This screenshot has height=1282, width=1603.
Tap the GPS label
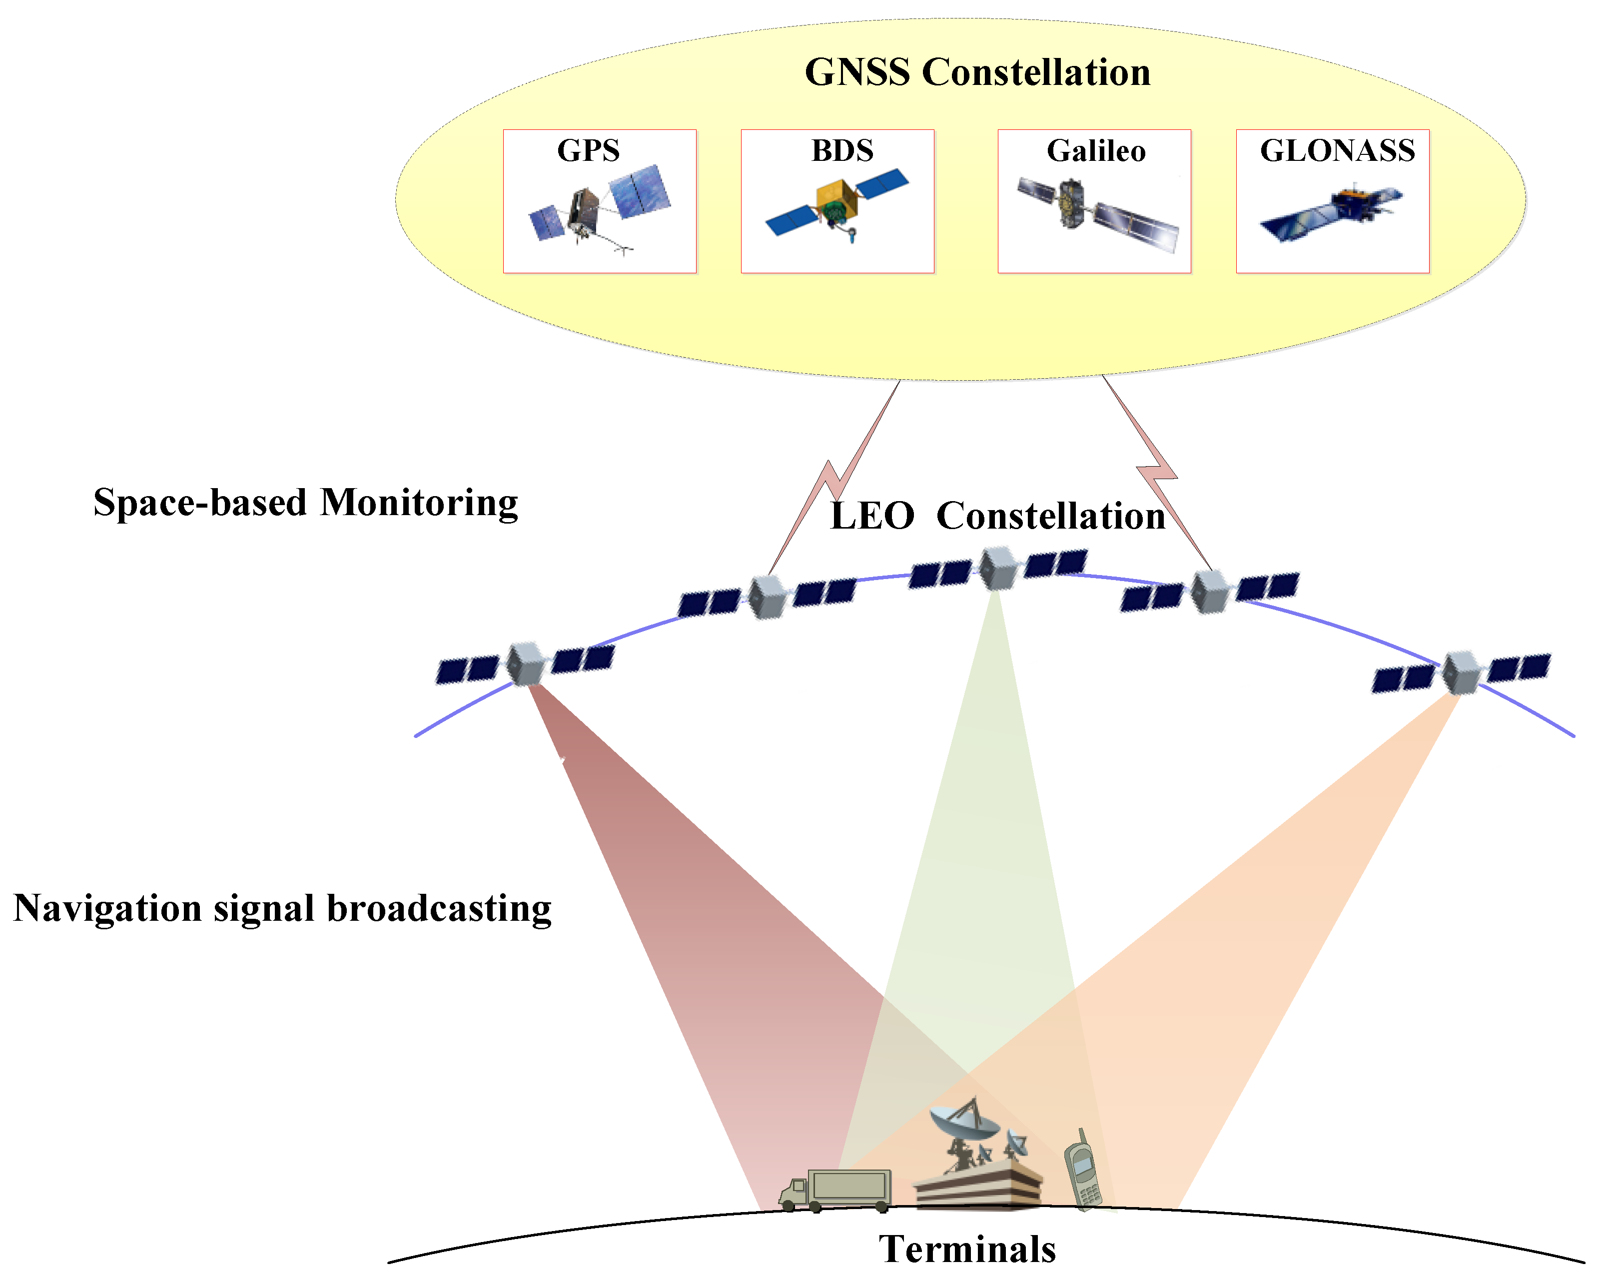588,151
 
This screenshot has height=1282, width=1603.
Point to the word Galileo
1096,151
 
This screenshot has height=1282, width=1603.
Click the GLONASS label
1337,151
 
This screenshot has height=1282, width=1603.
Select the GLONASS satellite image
1331,212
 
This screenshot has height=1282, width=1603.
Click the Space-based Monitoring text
306,503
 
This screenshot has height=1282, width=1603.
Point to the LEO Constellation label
997,516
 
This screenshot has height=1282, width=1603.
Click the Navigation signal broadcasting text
282,908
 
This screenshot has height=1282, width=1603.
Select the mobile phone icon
1082,1171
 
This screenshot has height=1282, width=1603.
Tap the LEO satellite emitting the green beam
997,569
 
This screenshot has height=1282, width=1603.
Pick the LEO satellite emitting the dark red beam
526,663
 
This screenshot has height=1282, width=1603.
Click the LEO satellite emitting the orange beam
1461,672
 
